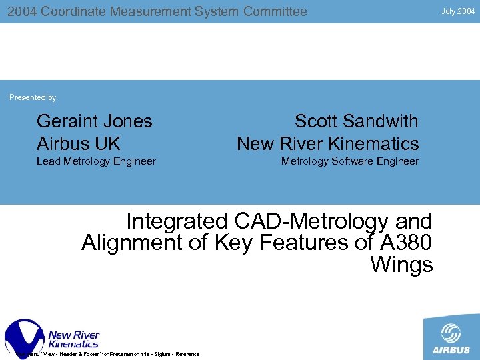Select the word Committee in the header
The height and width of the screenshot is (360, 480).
click(275, 11)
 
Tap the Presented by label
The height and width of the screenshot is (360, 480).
click(33, 97)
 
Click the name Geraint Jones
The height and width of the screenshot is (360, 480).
click(94, 121)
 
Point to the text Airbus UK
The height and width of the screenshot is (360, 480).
click(78, 143)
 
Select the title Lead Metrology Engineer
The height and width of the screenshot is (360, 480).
click(96, 161)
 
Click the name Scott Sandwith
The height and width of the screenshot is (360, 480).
click(357, 121)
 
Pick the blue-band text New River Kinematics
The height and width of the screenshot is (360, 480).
click(327, 143)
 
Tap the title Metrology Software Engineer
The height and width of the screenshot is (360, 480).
click(349, 161)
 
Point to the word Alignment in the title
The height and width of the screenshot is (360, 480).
click(133, 243)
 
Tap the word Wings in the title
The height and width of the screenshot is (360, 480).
click(401, 265)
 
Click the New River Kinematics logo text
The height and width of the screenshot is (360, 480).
click(73, 339)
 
